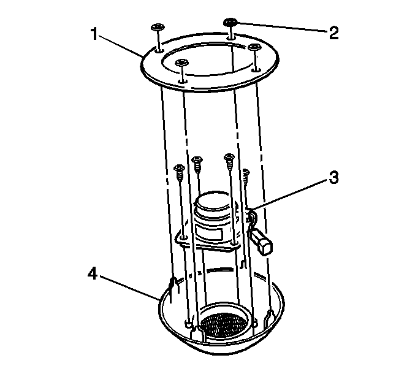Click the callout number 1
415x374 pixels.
[94, 34]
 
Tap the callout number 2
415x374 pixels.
[333, 33]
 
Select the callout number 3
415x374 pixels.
[333, 177]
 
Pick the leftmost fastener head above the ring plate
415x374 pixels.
[158, 27]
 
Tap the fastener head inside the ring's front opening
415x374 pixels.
[181, 63]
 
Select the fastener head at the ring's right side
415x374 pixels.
[254, 47]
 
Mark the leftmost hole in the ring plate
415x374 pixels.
[159, 50]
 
